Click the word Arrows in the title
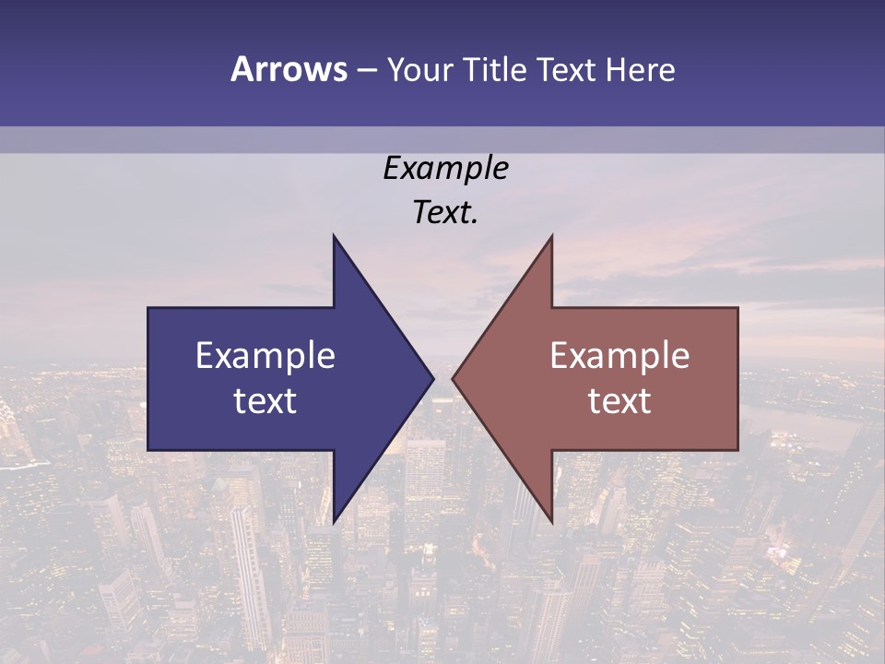[289, 69]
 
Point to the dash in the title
[366, 70]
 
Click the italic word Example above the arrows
[445, 168]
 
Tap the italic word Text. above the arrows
[445, 213]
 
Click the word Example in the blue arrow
[265, 356]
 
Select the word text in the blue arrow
[265, 401]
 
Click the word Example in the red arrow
[619, 356]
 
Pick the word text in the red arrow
[619, 401]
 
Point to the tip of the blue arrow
[432, 378]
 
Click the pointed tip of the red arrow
[454, 378]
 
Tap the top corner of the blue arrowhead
[334, 236]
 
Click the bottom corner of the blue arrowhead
[334, 521]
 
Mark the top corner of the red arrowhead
[551, 236]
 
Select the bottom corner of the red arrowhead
[551, 521]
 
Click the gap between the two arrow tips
[442, 378]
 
